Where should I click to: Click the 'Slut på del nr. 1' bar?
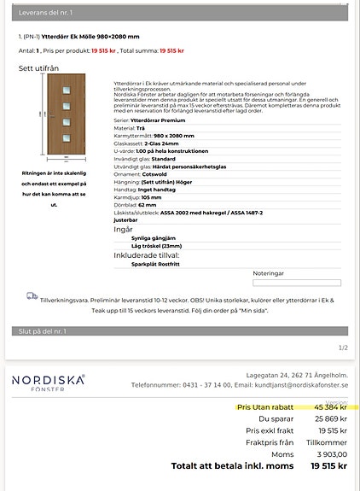pyautogui.click(x=179, y=330)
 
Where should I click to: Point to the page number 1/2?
pyautogui.click(x=343, y=348)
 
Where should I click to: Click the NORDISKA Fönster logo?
pyautogui.click(x=49, y=383)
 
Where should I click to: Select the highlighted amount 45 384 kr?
pyautogui.click(x=328, y=407)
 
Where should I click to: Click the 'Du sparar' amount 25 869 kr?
pyautogui.click(x=329, y=419)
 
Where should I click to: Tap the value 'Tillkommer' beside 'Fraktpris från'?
pyautogui.click(x=327, y=443)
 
